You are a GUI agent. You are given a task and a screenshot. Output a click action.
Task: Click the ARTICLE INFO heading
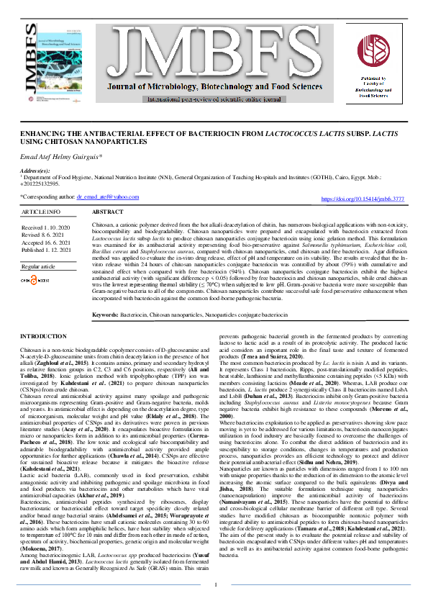point(41,213)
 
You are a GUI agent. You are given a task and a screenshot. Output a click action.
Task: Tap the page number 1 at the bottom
point(214,585)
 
